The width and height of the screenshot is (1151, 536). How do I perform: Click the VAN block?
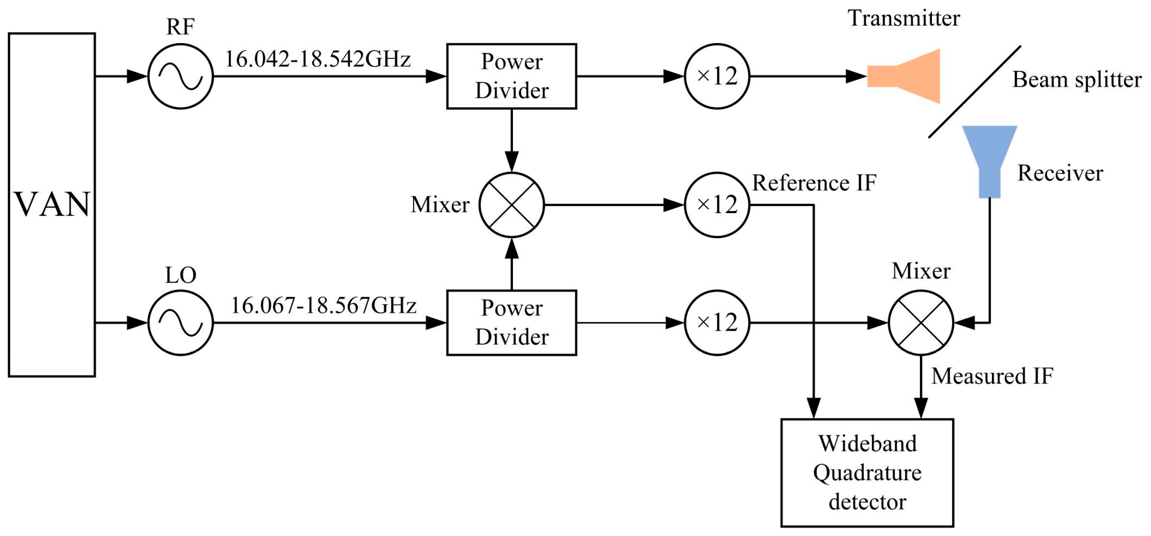pos(52,205)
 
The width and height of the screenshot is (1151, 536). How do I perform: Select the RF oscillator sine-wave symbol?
pos(180,76)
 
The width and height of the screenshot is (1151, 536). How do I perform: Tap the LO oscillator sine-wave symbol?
pos(180,323)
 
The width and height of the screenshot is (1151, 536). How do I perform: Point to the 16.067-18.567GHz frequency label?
pos(323,306)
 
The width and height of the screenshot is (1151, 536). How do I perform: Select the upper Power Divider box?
pos(511,76)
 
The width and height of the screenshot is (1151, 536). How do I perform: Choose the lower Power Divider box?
pos(511,323)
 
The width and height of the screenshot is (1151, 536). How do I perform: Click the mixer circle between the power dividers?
pos(511,205)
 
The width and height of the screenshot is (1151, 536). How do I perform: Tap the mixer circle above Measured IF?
pos(921,323)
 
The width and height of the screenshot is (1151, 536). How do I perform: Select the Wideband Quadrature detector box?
pos(867,473)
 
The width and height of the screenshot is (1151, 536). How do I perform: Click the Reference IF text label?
pos(814,183)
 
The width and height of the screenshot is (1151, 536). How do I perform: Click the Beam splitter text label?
pos(1077,80)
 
